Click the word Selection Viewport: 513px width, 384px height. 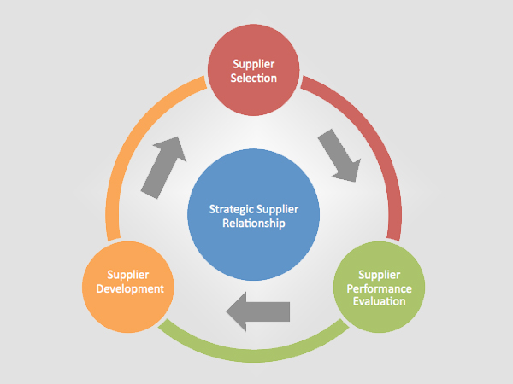(254, 79)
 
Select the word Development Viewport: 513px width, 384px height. (129, 288)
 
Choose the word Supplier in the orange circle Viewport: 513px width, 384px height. (129, 275)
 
